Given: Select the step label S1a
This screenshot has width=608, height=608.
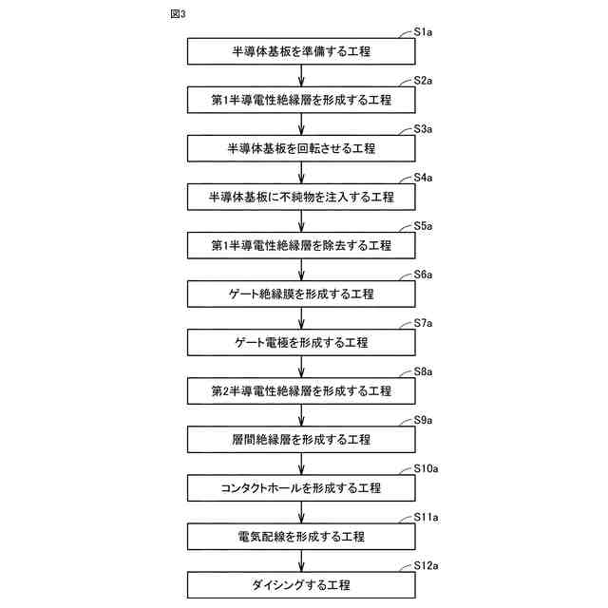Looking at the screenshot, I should pos(423,32).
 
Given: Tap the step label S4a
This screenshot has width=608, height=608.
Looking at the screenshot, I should pos(423,179).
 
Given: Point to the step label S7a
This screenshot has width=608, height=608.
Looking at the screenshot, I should pos(423,324).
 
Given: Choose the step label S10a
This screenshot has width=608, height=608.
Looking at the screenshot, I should pos(426,469).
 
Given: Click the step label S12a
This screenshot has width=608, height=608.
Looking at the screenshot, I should pos(426,566).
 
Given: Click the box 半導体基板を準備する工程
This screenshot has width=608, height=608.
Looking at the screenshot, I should pos(301,50).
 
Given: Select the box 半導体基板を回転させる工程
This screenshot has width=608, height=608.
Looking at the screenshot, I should pos(301,148).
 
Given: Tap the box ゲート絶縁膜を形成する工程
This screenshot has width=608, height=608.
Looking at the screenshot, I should pos(301,294).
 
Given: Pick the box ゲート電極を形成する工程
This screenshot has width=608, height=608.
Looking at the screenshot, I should pos(301,342).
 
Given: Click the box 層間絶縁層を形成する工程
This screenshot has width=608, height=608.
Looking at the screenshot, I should pos(301,439).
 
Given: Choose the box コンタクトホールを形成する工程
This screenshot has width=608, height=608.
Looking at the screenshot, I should pos(301,487).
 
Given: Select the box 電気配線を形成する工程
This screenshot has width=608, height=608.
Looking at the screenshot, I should pos(301,536).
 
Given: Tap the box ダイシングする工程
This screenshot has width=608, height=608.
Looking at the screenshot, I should pos(301,584).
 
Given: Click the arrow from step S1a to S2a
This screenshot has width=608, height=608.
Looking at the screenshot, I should pos(301,75).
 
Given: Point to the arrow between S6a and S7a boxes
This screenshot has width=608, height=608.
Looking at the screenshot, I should pos(301,318).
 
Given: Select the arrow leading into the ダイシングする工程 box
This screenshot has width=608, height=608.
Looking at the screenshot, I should pos(301,560).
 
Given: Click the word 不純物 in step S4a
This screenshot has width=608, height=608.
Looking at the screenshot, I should pos(297,197).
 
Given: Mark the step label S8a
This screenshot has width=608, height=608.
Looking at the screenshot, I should pos(423,372).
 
